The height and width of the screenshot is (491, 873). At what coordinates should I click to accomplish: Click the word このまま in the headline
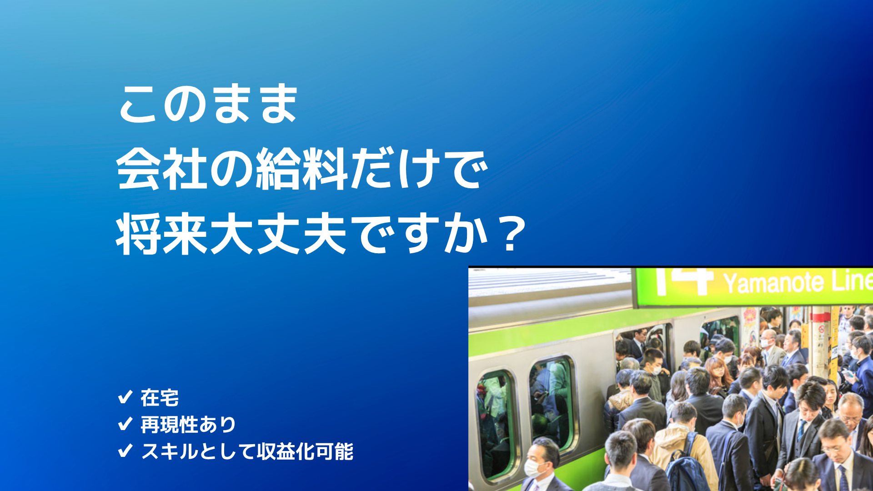click(208, 104)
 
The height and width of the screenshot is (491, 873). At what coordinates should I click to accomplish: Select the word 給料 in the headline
click(302, 169)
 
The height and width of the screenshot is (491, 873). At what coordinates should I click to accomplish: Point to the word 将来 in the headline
click(162, 234)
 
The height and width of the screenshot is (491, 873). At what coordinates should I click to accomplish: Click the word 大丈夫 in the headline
click(279, 234)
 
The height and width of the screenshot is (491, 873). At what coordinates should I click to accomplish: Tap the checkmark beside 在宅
click(125, 397)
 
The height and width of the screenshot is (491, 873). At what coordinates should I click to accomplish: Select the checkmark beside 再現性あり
click(125, 424)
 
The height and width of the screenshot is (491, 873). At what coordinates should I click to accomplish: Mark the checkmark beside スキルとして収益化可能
click(125, 451)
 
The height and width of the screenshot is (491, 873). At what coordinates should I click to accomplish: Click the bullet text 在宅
click(160, 398)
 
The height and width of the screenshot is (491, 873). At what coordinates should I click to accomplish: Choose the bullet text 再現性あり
click(188, 425)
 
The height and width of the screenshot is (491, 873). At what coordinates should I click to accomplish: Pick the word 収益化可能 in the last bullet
click(305, 451)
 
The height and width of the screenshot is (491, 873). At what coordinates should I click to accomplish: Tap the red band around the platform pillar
click(821, 317)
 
